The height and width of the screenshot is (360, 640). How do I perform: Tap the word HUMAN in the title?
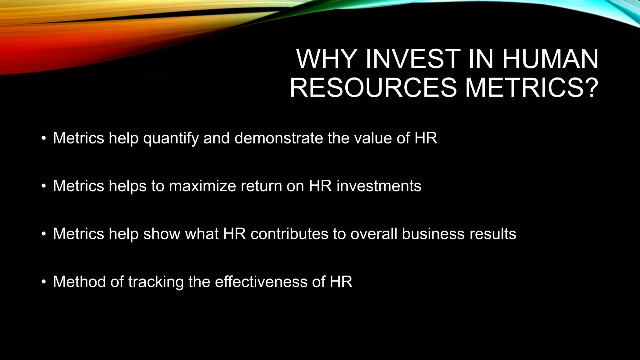[x=550, y=59]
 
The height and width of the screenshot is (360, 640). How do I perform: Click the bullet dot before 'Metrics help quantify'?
[x=44, y=138]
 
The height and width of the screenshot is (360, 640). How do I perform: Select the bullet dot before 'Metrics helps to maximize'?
[x=44, y=186]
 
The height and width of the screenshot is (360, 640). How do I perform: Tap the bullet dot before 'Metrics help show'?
[x=44, y=234]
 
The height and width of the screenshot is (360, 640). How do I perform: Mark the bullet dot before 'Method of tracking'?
[x=44, y=282]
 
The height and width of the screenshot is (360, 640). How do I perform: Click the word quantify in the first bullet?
[x=171, y=138]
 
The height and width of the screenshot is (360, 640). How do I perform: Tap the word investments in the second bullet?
[x=379, y=186]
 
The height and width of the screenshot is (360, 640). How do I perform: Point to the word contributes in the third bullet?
[x=289, y=234]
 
